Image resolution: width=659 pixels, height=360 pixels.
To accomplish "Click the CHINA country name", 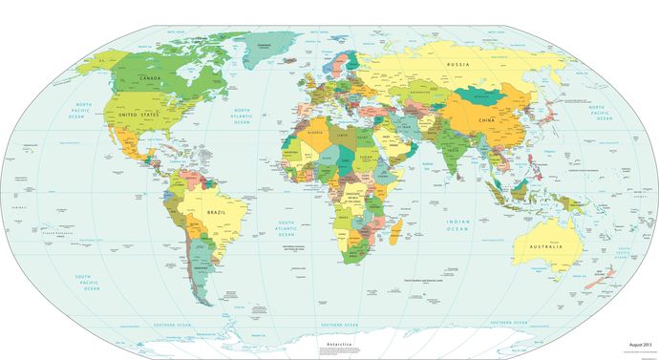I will pos(487,122).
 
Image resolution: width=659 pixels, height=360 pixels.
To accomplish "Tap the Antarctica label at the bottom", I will pos(340,343).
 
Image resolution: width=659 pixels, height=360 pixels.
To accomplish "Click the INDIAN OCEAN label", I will pos(457,226).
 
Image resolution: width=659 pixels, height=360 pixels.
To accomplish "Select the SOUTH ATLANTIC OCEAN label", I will pos(291,228).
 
